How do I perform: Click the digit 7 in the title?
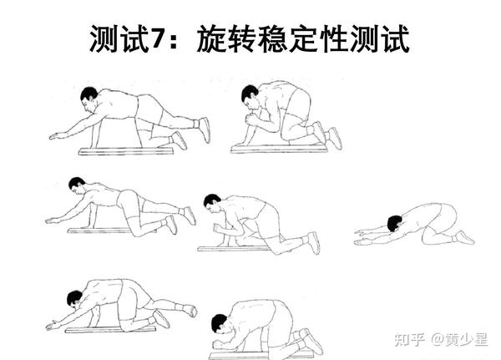[158, 39]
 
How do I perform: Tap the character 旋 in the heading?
[211, 39]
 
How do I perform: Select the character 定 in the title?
[304, 39]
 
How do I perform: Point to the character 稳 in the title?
[273, 39]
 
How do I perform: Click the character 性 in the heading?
[334, 39]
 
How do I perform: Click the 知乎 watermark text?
[410, 340]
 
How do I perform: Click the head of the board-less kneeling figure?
[395, 223]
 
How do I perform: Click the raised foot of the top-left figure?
[205, 129]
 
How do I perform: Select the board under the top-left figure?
[126, 151]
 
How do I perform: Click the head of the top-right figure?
[250, 94]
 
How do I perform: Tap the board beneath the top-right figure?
[279, 149]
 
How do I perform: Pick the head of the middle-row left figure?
[77, 185]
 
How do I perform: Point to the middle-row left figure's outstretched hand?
[53, 221]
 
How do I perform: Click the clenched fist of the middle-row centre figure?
[218, 228]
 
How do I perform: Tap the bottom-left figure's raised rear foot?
[190, 310]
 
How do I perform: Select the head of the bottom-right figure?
[220, 323]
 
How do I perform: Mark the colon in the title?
[174, 41]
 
